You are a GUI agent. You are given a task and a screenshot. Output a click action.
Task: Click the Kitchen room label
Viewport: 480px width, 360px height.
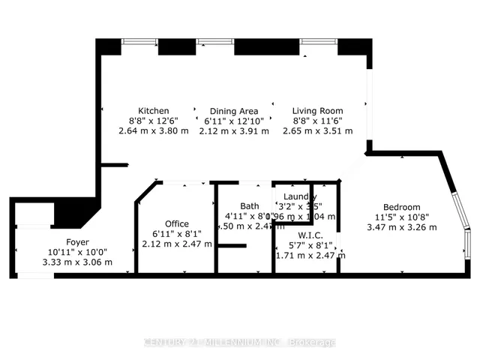coord(153,110)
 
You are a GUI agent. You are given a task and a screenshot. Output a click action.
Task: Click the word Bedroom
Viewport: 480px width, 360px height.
coord(402,207)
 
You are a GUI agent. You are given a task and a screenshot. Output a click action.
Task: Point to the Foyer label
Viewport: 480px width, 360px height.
coord(78,242)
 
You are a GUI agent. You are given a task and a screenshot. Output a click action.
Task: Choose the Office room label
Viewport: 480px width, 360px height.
coord(177,223)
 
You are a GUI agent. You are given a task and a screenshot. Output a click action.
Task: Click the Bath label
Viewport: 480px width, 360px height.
coord(249,206)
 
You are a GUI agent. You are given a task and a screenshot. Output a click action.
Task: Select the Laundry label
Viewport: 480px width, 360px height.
coord(300,196)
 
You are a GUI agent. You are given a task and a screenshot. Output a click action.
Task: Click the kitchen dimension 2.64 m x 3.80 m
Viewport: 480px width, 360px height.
coord(153,130)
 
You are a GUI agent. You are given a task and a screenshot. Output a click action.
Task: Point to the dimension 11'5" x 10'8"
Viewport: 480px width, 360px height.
coord(402,217)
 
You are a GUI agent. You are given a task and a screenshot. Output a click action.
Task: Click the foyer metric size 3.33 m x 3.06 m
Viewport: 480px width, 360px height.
coord(78,262)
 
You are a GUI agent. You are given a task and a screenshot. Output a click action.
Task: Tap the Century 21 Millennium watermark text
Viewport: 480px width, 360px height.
coord(239,342)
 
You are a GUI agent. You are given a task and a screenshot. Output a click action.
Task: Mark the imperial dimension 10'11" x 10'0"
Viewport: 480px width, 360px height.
coord(78,253)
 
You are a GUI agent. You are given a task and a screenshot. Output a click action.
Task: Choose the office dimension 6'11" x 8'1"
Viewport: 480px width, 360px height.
coord(177,234)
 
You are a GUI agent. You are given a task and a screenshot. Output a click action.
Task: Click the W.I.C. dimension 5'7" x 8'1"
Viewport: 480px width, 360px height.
coord(309,244)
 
